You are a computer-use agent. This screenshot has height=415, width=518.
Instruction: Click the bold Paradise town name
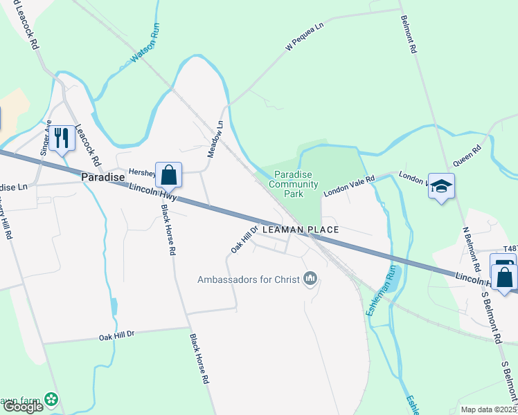pyautogui.click(x=102, y=177)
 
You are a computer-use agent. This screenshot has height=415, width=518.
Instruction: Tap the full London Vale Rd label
pyautogui.click(x=349, y=185)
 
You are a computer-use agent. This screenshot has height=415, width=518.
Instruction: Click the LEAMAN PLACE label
pyautogui.click(x=300, y=230)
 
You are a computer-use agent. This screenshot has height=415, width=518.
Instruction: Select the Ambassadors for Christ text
pyautogui.click(x=247, y=279)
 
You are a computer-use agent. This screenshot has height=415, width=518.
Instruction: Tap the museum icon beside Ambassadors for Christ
pyautogui.click(x=310, y=279)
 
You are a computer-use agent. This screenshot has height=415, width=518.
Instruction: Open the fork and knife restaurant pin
pyautogui.click(x=62, y=138)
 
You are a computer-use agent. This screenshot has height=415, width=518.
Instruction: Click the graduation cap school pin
pyautogui.click(x=441, y=186)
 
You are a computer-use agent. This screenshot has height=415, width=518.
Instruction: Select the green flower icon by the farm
pyautogui.click(x=51, y=398)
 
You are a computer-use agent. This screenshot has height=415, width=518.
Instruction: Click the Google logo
pyautogui.click(x=23, y=407)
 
